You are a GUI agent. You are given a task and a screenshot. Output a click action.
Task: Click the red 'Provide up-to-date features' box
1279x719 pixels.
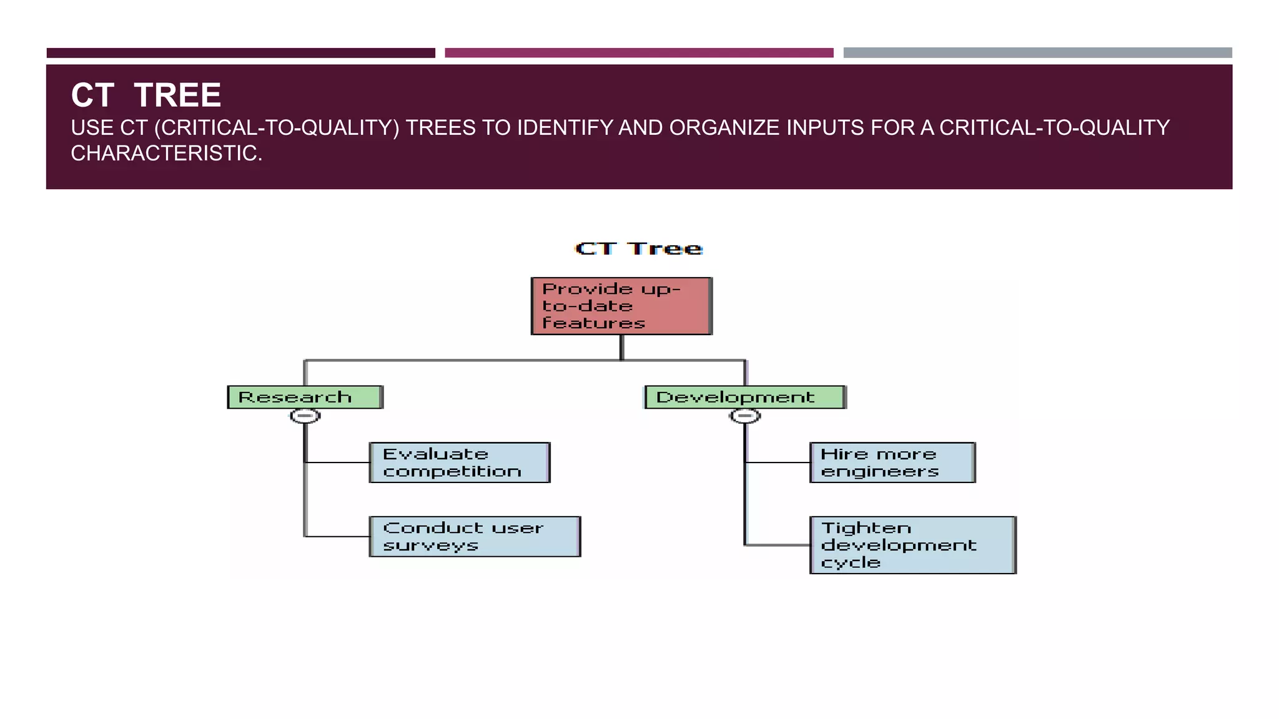(621, 306)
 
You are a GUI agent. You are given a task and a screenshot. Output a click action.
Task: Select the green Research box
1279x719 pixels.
(305, 397)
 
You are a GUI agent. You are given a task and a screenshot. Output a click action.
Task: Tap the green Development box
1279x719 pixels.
(744, 397)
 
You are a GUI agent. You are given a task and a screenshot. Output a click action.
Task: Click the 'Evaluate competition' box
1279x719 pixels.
(459, 462)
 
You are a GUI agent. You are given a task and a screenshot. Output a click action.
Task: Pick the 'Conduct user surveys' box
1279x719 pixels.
(475, 536)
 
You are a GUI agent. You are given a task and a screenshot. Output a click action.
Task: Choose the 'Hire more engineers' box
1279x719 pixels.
(892, 462)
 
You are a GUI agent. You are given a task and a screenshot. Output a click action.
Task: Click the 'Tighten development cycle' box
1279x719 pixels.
(912, 545)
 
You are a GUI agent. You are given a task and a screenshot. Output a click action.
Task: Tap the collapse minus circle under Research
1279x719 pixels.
(305, 416)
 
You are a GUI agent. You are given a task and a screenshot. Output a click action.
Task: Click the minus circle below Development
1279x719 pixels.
(744, 416)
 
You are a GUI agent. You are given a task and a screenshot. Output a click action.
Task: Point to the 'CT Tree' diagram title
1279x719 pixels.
(638, 248)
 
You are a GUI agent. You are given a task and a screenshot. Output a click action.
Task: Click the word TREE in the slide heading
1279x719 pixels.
(177, 95)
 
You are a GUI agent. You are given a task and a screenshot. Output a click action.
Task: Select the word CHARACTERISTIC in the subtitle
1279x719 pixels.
(165, 153)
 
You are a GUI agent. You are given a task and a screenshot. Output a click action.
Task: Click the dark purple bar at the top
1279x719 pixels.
(240, 53)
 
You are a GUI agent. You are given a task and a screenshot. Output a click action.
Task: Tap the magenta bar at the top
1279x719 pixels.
(638, 53)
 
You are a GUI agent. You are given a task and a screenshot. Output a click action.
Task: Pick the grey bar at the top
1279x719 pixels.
(1037, 53)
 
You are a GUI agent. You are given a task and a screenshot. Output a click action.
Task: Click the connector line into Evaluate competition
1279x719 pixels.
(337, 462)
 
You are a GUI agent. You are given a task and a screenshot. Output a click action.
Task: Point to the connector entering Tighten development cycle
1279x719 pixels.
(778, 545)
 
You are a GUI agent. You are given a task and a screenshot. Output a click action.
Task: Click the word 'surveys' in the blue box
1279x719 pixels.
(430, 545)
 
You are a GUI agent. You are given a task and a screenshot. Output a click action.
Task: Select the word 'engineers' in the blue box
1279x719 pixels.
(879, 472)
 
